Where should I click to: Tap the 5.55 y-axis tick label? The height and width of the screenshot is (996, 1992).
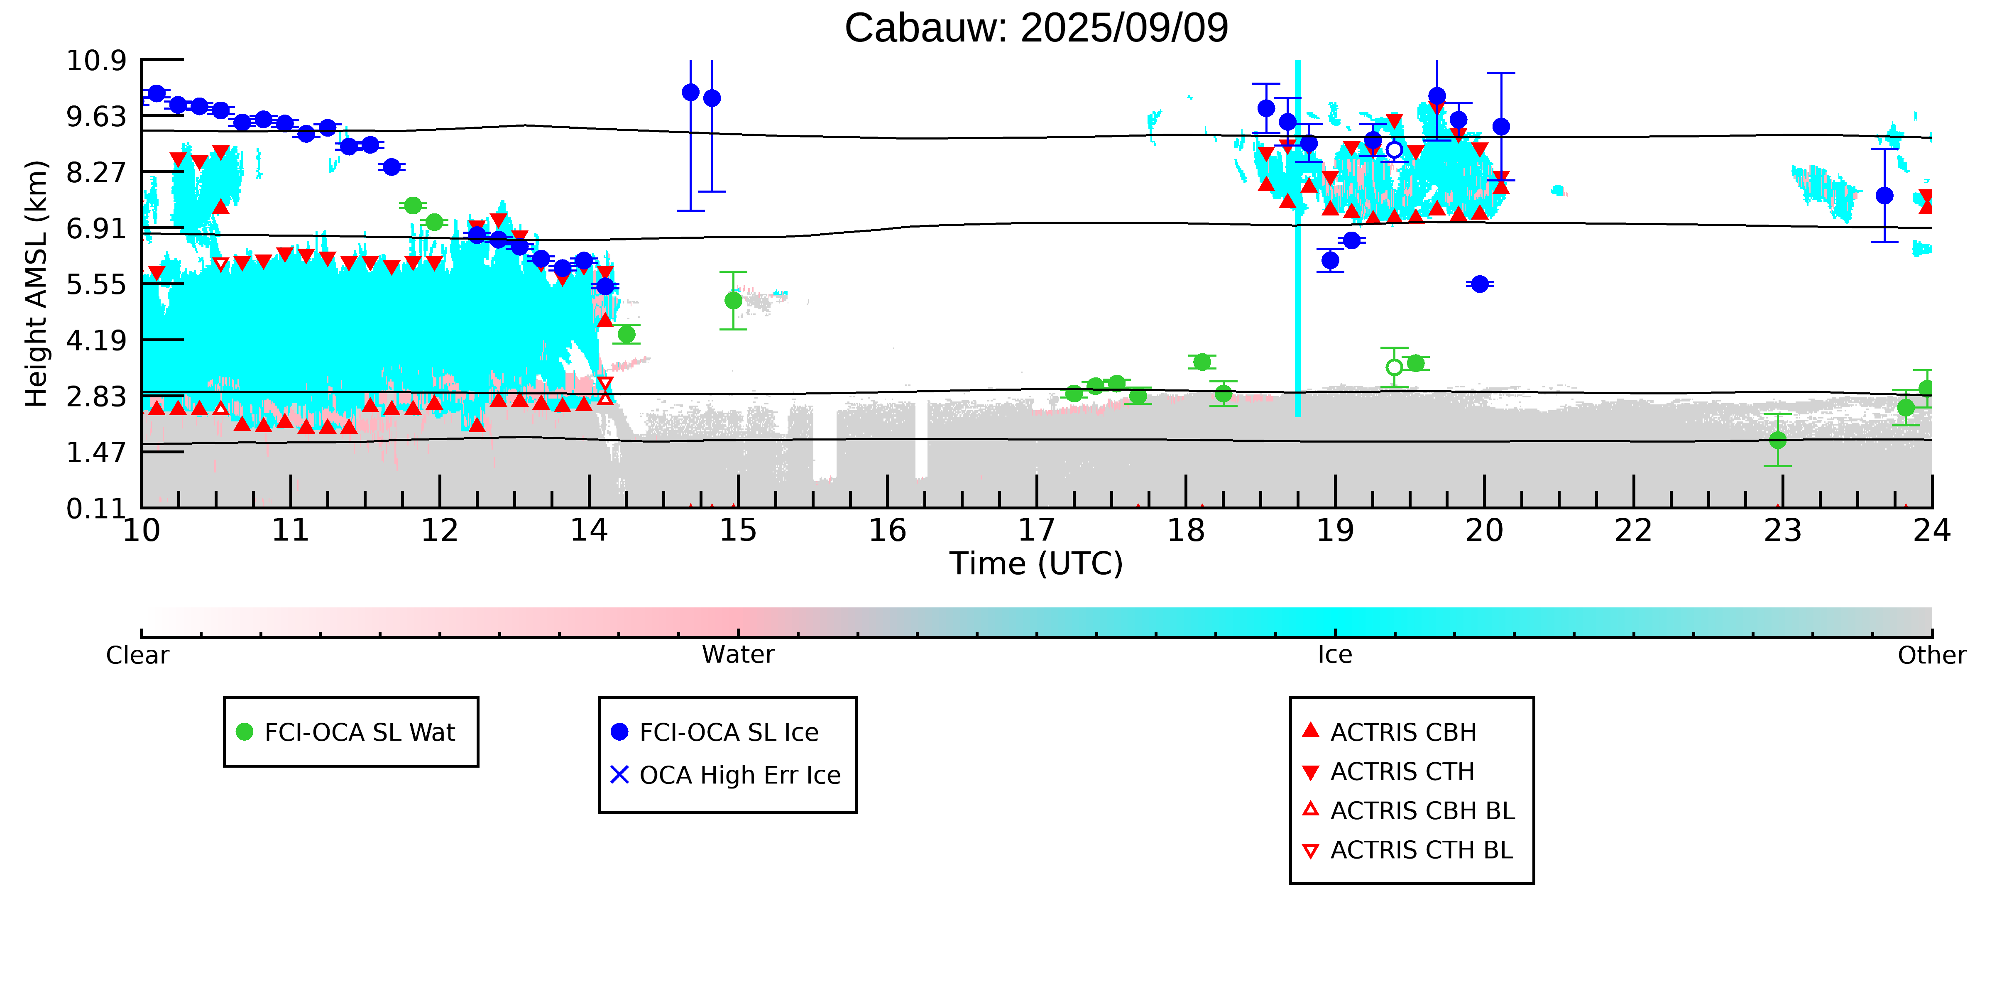pos(96,284)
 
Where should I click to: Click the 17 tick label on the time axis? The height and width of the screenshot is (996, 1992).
pos(1036,531)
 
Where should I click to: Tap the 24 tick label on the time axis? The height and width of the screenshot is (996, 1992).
pos(1932,531)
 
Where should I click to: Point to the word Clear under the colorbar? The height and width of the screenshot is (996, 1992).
pos(138,655)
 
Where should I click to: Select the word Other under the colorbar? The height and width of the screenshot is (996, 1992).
pos(1932,655)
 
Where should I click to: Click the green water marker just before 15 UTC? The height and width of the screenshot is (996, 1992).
pos(733,301)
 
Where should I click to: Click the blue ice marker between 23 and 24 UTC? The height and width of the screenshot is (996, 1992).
pos(1884,196)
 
